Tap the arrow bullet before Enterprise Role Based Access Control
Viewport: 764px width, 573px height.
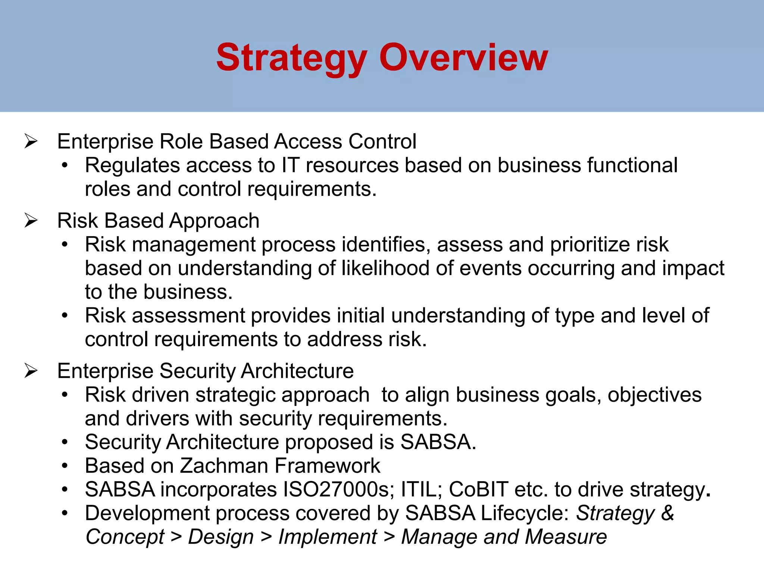point(31,141)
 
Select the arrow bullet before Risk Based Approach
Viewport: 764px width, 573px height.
point(31,220)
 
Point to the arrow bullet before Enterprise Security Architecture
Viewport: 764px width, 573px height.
point(31,371)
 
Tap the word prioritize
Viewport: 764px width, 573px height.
point(590,245)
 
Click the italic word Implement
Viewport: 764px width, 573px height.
point(328,537)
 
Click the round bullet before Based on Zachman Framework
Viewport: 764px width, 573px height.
point(65,466)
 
